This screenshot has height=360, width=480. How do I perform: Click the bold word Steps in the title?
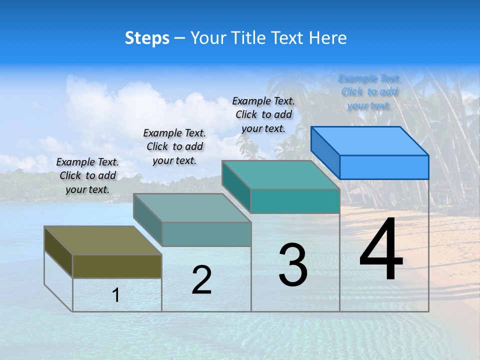tap(147, 38)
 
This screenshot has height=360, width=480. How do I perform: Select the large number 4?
tap(381, 249)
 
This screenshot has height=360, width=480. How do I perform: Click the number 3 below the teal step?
tap(293, 265)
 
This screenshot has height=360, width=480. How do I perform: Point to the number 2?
tap(201, 280)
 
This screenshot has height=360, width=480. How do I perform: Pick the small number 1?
tap(116, 295)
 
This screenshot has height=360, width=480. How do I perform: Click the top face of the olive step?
tap(103, 240)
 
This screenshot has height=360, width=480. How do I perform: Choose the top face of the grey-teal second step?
tap(192, 208)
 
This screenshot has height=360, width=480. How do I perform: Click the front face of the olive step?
tap(117, 266)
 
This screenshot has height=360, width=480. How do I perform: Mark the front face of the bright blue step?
tap(384, 167)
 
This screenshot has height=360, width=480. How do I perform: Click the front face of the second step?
tap(206, 234)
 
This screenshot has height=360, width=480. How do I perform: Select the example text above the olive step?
tap(87, 175)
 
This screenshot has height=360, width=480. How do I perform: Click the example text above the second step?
tap(174, 146)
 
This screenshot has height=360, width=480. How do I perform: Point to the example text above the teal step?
tap(263, 114)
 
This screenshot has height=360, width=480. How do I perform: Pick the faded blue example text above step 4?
tap(369, 92)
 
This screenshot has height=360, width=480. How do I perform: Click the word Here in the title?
tap(328, 38)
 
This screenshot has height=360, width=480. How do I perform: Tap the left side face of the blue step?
tap(325, 153)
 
